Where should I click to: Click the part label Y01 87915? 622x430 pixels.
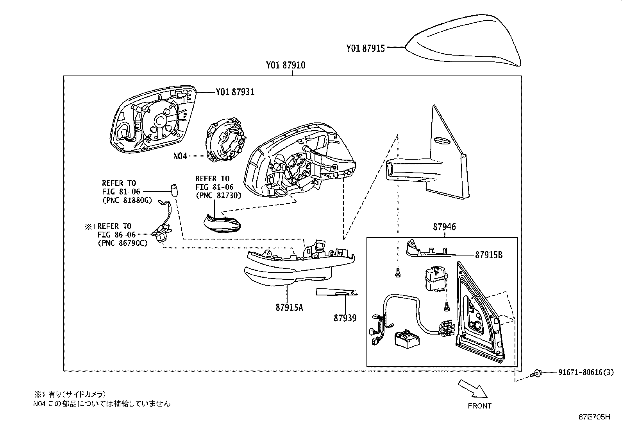(x=365, y=48)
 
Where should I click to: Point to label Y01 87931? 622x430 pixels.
(x=235, y=92)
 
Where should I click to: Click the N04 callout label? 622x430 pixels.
(x=180, y=156)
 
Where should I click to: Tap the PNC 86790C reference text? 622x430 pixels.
(x=122, y=243)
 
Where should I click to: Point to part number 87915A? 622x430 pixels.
(x=289, y=308)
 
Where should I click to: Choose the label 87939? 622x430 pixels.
(x=345, y=318)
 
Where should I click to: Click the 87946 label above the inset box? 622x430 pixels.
(x=444, y=227)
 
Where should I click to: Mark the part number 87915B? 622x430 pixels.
(x=489, y=255)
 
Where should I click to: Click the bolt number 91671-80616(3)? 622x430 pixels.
(x=583, y=372)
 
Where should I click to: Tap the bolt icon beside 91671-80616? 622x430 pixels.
(x=537, y=373)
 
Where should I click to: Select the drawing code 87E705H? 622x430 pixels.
(x=594, y=417)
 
